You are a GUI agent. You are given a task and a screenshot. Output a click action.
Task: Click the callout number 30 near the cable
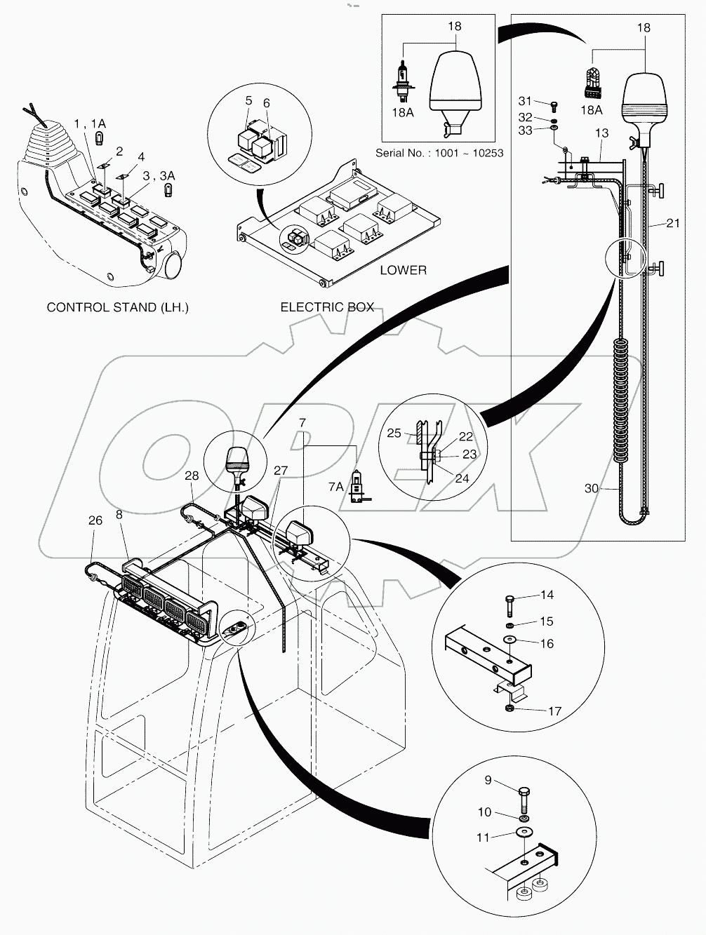(592, 488)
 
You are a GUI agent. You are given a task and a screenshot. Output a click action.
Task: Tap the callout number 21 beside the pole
(673, 223)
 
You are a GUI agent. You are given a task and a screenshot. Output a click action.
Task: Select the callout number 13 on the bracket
(601, 133)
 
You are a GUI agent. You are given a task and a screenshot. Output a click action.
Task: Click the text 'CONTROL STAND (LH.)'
(117, 307)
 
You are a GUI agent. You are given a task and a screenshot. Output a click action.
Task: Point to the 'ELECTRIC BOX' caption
(326, 307)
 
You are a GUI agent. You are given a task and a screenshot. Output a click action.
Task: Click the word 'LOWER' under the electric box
(403, 270)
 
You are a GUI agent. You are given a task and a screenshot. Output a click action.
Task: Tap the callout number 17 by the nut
(554, 711)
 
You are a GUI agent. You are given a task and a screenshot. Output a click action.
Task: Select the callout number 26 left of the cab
(95, 520)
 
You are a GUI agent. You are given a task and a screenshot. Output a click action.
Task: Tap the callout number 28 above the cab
(192, 476)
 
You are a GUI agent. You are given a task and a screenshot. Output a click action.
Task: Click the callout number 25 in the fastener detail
(394, 433)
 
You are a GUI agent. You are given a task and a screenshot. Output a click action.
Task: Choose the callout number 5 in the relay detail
(248, 101)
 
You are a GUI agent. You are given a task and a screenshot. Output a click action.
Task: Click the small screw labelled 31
(554, 104)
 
